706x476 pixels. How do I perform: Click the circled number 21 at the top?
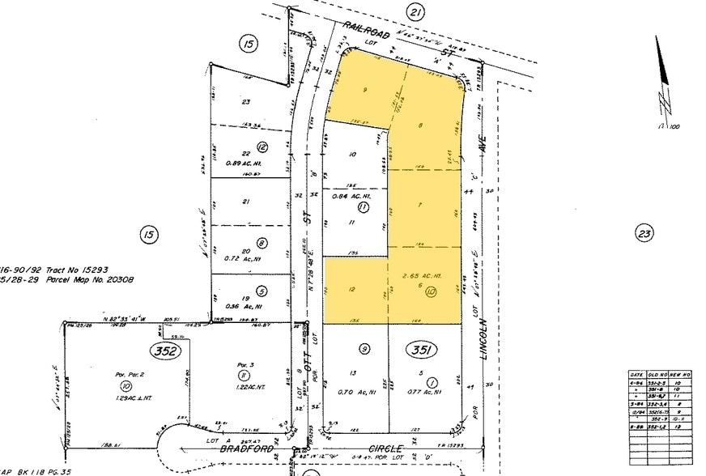(x=415, y=12)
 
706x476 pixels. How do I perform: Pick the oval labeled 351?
(x=422, y=351)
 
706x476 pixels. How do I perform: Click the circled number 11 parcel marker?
(x=364, y=208)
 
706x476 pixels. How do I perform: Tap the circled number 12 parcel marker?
(x=262, y=147)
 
